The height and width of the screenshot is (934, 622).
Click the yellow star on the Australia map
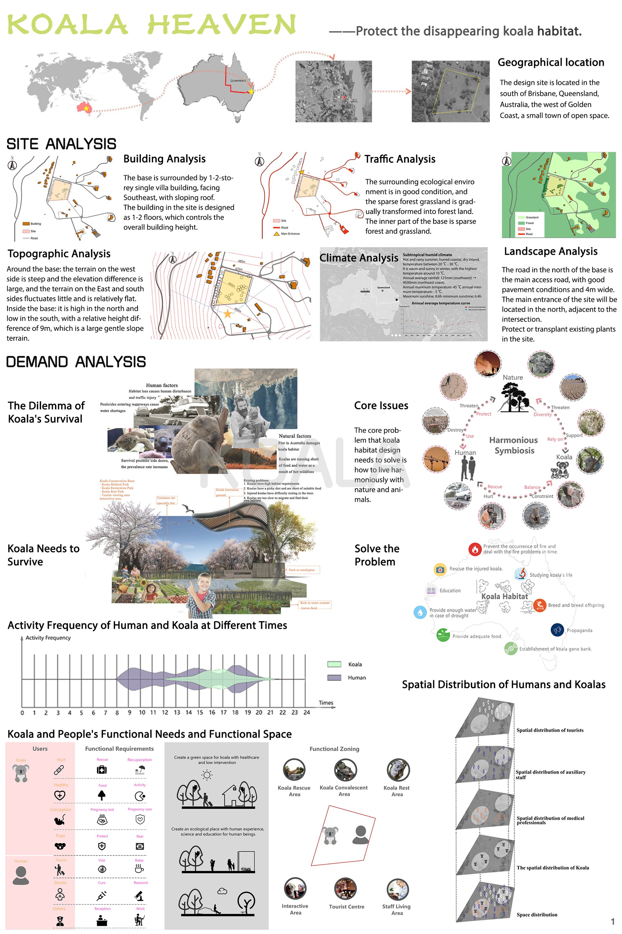pyautogui.click(x=251, y=92)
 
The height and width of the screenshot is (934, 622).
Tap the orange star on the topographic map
pyautogui.click(x=227, y=314)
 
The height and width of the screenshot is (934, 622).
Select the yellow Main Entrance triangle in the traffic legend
pyautogui.click(x=276, y=234)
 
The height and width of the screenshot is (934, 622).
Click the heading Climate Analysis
pyautogui.click(x=359, y=258)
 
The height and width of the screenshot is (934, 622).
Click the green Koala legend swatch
pyautogui.click(x=334, y=664)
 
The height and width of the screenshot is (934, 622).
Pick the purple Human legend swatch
pyautogui.click(x=334, y=678)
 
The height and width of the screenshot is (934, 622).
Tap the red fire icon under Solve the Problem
pyautogui.click(x=475, y=549)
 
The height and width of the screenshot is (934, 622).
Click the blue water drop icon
pyautogui.click(x=420, y=612)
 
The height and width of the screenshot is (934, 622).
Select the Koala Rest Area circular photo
pyautogui.click(x=398, y=770)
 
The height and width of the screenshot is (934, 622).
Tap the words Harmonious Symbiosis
pyautogui.click(x=514, y=445)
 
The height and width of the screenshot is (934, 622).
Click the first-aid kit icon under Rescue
pyautogui.click(x=102, y=770)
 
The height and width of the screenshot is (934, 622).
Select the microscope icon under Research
pyautogui.click(x=140, y=895)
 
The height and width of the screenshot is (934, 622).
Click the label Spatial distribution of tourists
pyautogui.click(x=550, y=730)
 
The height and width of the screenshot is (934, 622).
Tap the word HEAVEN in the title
pyautogui.click(x=222, y=25)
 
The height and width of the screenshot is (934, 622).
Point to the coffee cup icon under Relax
pyautogui.click(x=139, y=869)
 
